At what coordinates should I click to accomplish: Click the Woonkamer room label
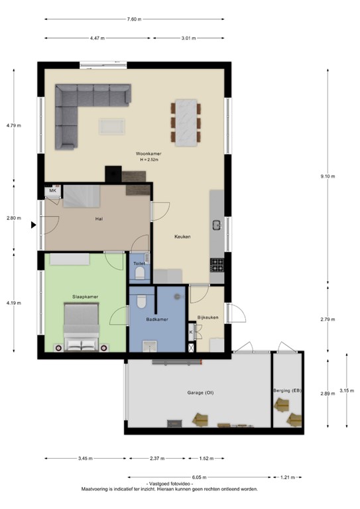point(150,154)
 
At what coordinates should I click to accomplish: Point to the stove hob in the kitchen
point(217,264)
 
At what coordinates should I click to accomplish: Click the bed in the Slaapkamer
point(81,327)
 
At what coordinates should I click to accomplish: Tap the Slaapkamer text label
point(84,296)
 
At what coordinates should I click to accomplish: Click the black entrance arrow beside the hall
point(32,225)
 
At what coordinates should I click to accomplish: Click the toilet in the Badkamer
point(141,302)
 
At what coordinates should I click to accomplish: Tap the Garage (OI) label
point(200,392)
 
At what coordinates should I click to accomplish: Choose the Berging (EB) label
point(287,392)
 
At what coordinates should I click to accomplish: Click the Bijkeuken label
point(208,317)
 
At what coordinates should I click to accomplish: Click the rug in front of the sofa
point(111,126)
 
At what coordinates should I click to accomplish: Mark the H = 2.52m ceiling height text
point(150,160)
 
